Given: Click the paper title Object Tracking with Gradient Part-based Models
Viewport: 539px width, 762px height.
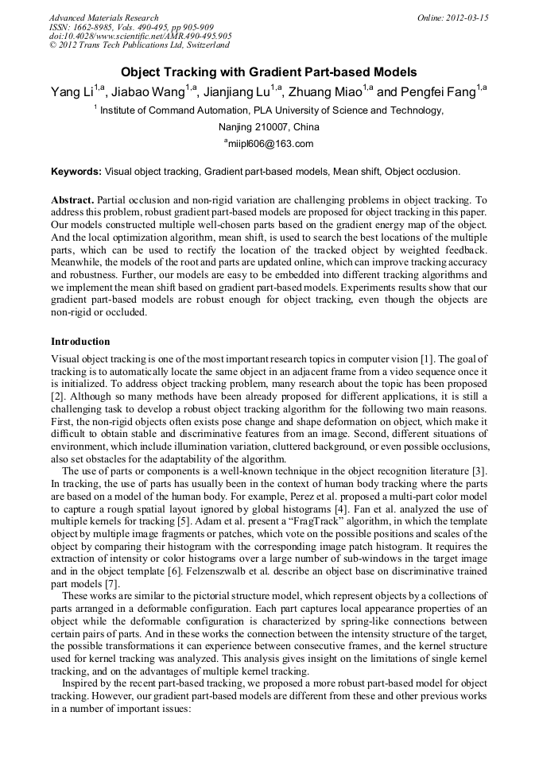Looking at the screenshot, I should pos(269,72).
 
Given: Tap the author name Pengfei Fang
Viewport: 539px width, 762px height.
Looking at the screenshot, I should pos(432,92).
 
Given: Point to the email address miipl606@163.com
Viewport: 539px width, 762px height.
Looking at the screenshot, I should pos(271,144).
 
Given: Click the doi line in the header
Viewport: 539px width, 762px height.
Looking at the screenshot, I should pos(140,37).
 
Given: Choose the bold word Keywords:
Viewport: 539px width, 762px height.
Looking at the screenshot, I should pos(76,171).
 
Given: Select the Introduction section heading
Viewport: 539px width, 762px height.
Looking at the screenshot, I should pos(80,341).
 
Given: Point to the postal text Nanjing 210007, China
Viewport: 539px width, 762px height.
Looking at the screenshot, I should pos(269,127).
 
